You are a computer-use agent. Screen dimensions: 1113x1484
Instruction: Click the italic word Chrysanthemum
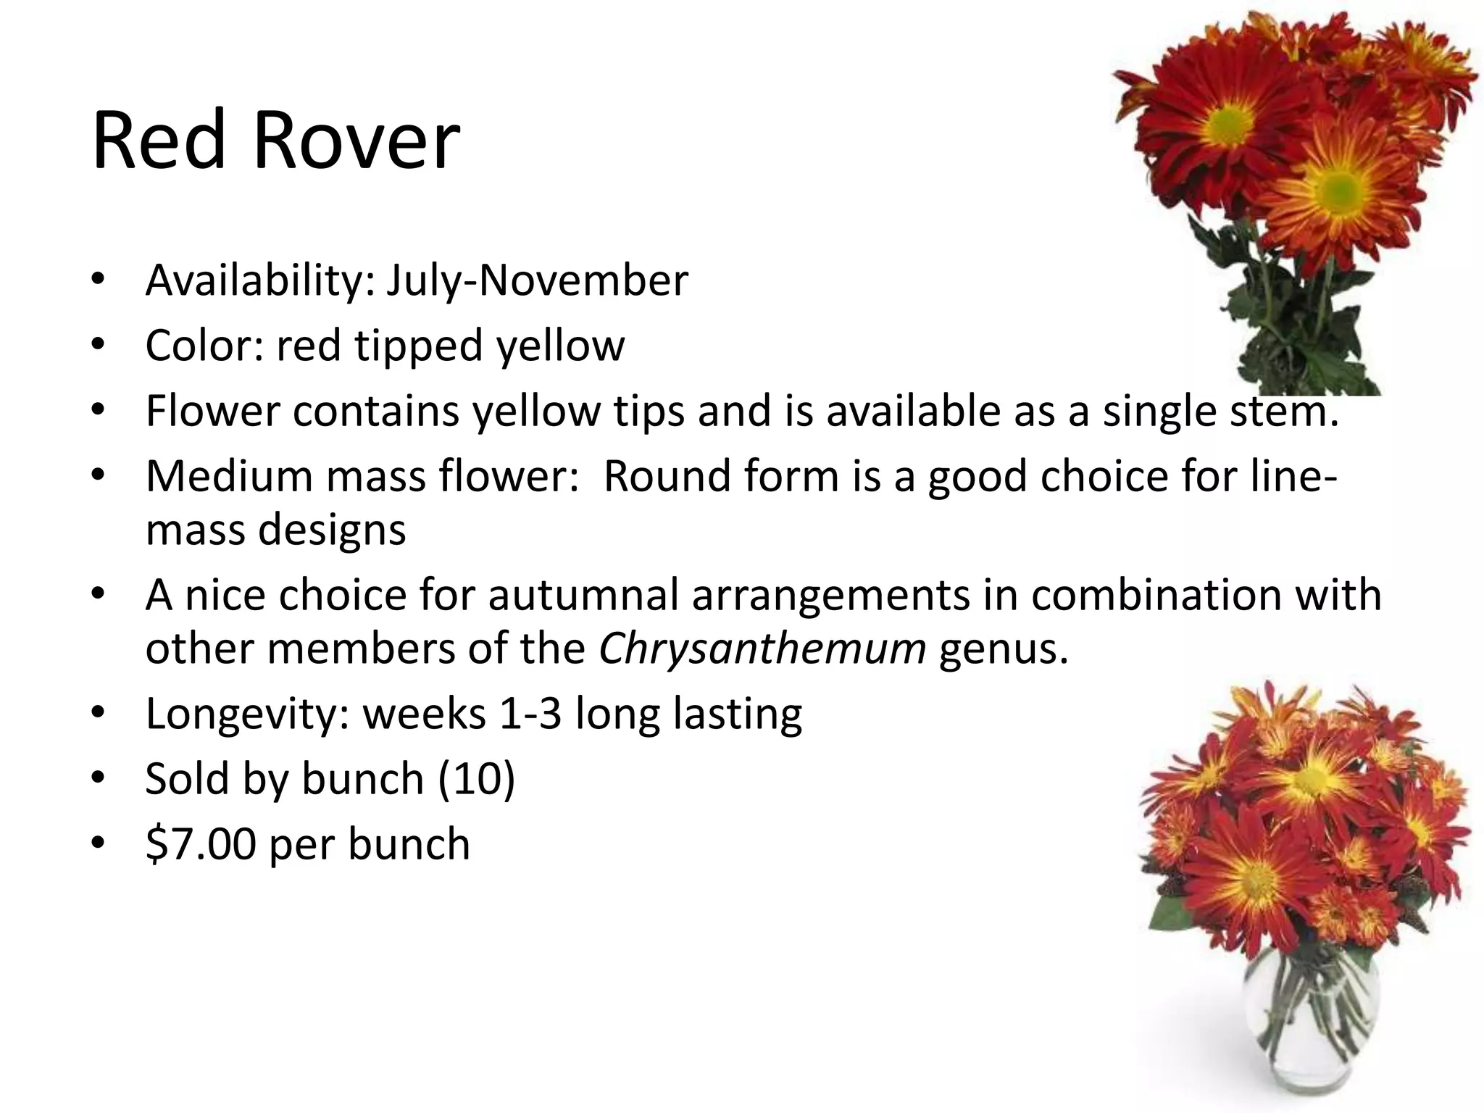762,649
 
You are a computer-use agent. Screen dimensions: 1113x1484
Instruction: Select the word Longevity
248,714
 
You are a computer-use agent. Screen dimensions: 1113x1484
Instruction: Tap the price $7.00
201,844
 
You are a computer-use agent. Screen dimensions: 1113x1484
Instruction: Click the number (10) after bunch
476,779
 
